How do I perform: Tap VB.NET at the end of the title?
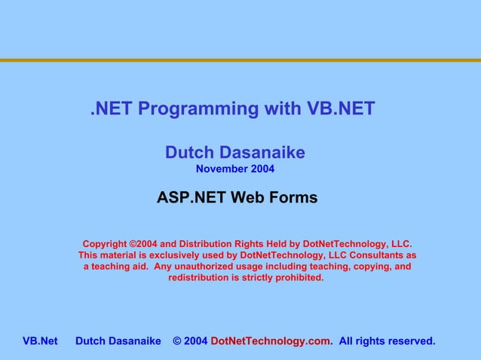click(340, 109)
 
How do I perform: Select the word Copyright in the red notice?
click(105, 244)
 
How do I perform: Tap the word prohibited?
click(299, 278)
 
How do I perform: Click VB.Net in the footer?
click(40, 342)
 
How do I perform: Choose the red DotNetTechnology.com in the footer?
click(270, 342)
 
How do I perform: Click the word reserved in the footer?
click(410, 342)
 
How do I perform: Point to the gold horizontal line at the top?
click(240, 60)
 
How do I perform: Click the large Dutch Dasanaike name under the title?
click(235, 153)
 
